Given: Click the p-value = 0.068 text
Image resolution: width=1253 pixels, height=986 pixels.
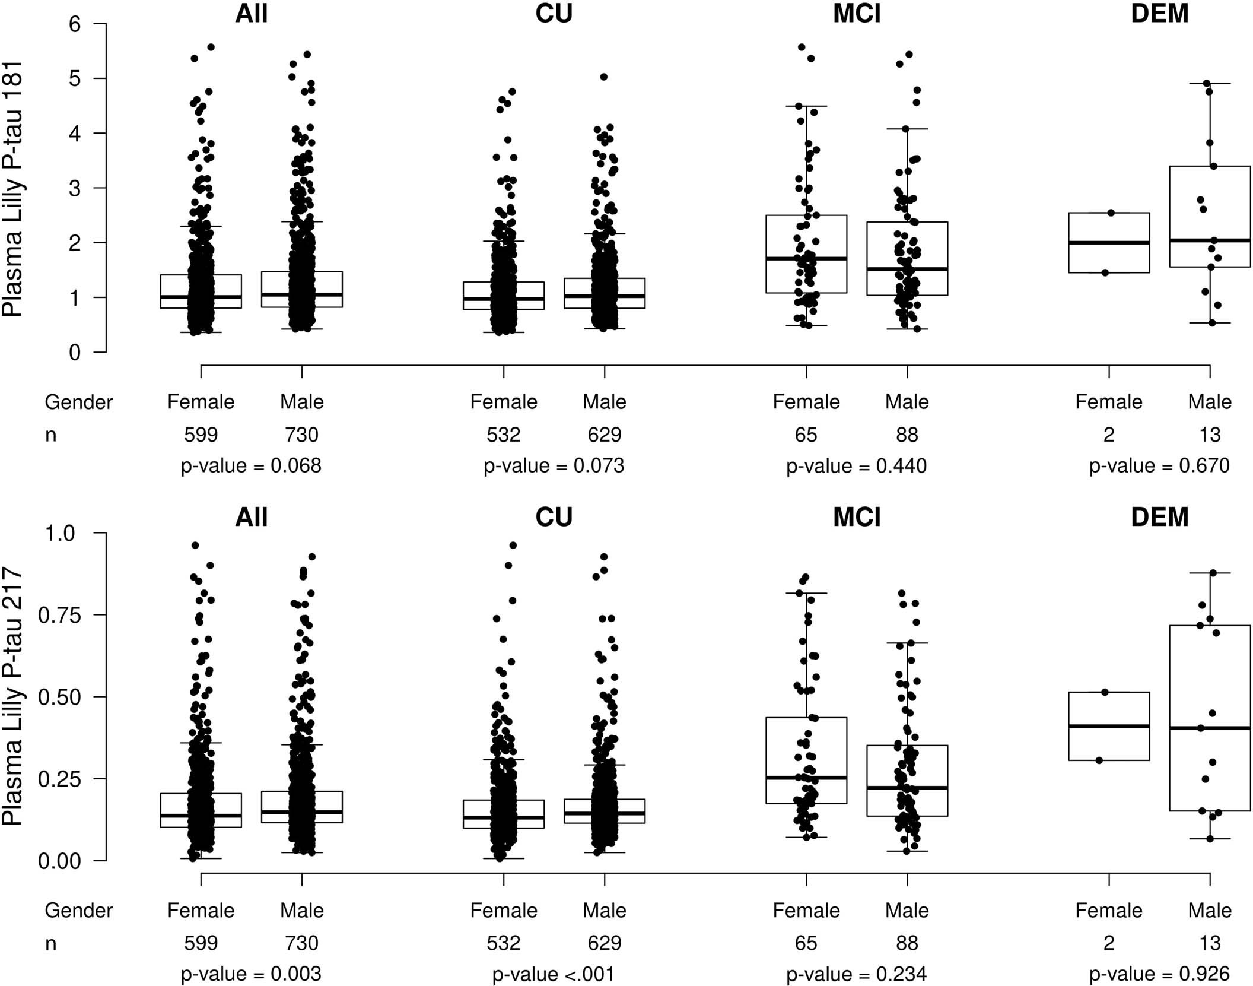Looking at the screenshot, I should point(251,466).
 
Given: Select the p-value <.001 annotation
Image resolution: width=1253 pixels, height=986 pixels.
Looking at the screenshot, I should point(554,974).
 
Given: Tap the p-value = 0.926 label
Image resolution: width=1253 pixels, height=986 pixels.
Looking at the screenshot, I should point(1159,974).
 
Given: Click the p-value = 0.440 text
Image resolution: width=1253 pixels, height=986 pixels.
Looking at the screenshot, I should point(856,466).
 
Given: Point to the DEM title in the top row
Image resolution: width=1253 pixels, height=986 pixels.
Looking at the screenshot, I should point(1159,14).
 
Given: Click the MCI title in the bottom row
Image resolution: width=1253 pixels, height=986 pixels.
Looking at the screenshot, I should point(856,517).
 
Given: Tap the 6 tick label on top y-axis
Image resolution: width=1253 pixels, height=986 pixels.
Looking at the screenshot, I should point(75,24).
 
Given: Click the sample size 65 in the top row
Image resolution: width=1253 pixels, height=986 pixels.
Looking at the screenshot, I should point(806,435).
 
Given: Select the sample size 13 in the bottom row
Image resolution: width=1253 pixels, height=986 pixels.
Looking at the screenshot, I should point(1209,943).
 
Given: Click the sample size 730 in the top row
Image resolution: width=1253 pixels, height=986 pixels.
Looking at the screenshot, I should point(301,435).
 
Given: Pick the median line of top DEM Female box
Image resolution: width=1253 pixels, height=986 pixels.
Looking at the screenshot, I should point(1109,243).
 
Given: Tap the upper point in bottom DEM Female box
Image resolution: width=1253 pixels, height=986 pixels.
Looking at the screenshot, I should point(1105,692).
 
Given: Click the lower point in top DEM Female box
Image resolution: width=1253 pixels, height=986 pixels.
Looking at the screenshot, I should point(1105,273).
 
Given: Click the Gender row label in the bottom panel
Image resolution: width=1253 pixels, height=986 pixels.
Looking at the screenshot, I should point(78,911).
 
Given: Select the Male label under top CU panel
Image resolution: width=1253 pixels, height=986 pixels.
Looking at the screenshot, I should point(604,402).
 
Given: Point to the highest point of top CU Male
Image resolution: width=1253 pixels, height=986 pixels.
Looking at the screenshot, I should point(604,77).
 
